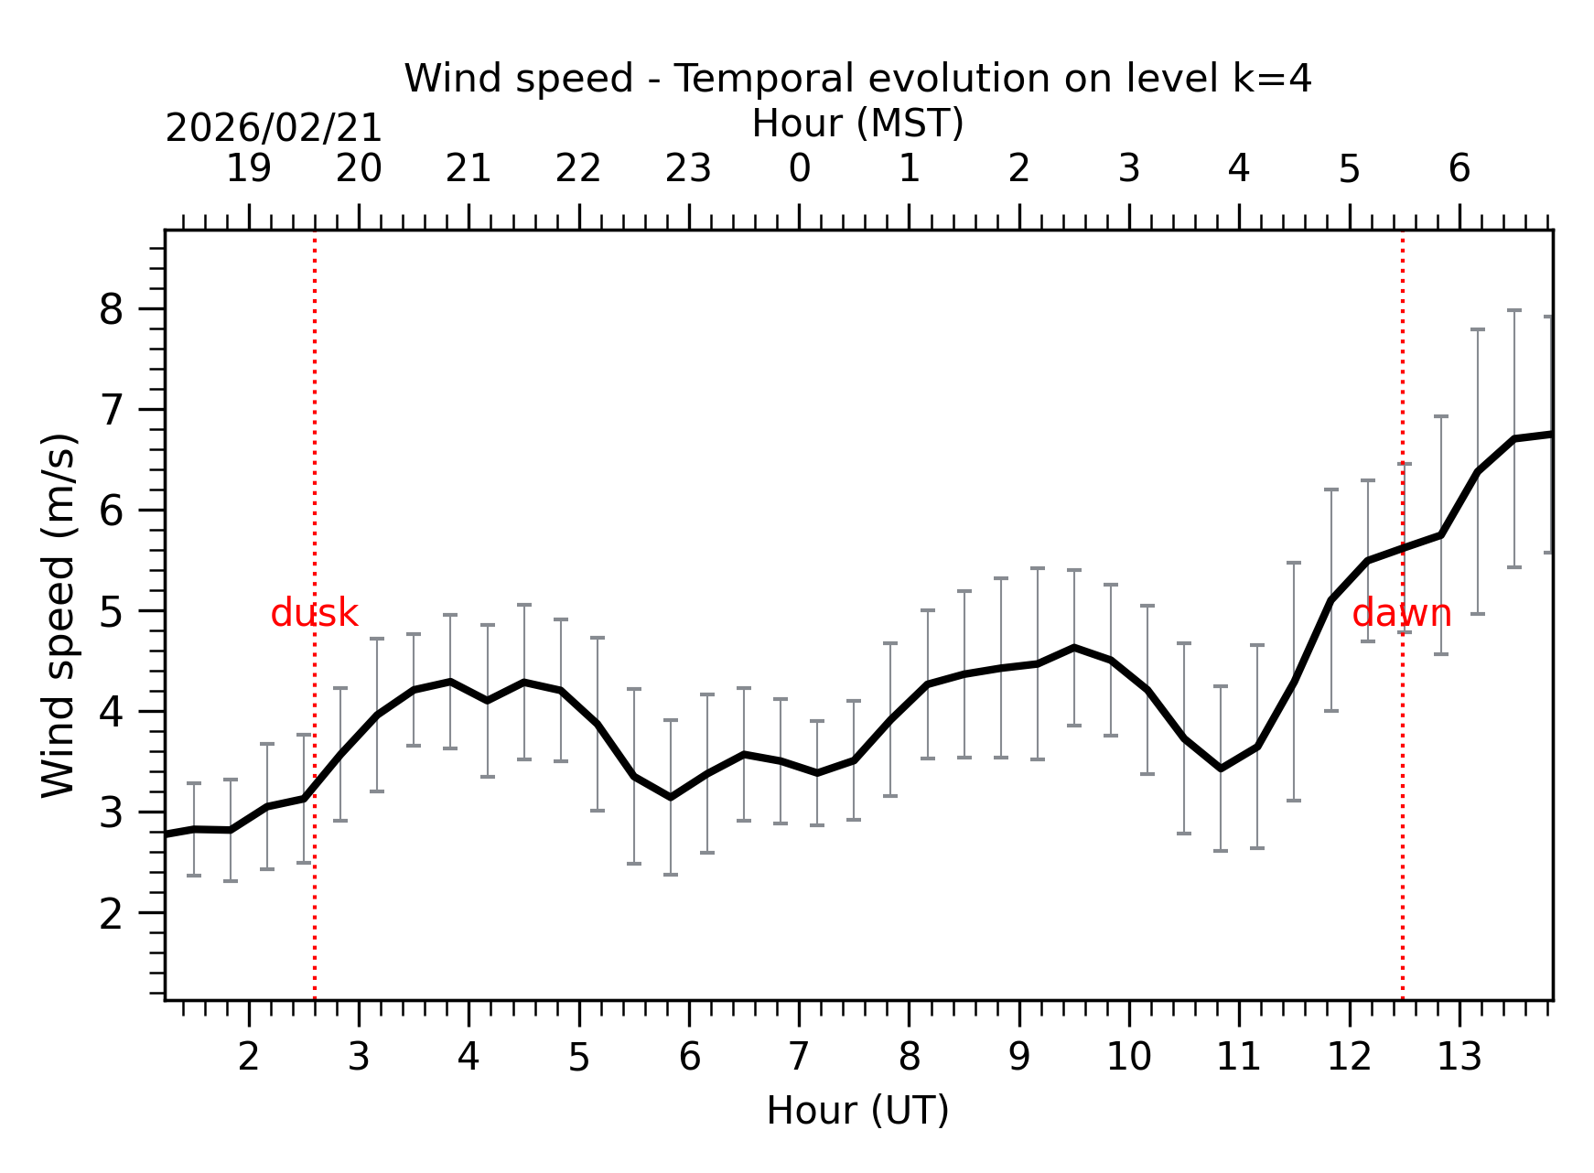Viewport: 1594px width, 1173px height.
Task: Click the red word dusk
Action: [x=314, y=613]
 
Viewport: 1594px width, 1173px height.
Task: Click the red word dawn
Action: [x=1401, y=613]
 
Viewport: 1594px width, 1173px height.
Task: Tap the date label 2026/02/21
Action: [x=274, y=128]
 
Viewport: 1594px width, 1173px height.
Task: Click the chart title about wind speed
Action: [x=857, y=79]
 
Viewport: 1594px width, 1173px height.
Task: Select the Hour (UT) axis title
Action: [x=857, y=1111]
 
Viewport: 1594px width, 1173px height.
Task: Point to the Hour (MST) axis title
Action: [x=857, y=124]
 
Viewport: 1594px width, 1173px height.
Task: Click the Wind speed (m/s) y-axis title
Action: [x=59, y=615]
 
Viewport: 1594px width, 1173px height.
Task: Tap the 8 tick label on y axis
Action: [x=111, y=309]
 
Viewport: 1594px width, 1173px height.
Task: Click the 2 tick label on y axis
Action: [x=111, y=913]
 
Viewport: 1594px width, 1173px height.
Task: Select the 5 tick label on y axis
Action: [x=111, y=611]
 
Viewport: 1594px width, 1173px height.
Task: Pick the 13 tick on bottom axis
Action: [x=1459, y=1058]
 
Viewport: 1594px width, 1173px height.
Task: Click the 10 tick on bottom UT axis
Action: [x=1128, y=1058]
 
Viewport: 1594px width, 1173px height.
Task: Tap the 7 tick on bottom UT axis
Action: [x=799, y=1058]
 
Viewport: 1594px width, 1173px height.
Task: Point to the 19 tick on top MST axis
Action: [x=249, y=169]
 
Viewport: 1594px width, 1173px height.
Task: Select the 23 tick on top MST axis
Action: [x=688, y=169]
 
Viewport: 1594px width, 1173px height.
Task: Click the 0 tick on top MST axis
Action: [x=799, y=169]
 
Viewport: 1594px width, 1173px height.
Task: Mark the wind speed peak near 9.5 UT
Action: [x=1074, y=648]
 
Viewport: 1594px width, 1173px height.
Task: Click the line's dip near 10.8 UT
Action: [x=1221, y=768]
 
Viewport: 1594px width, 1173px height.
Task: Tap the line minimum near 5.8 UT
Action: [x=671, y=797]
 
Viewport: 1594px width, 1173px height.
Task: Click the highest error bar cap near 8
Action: [x=1514, y=311]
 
